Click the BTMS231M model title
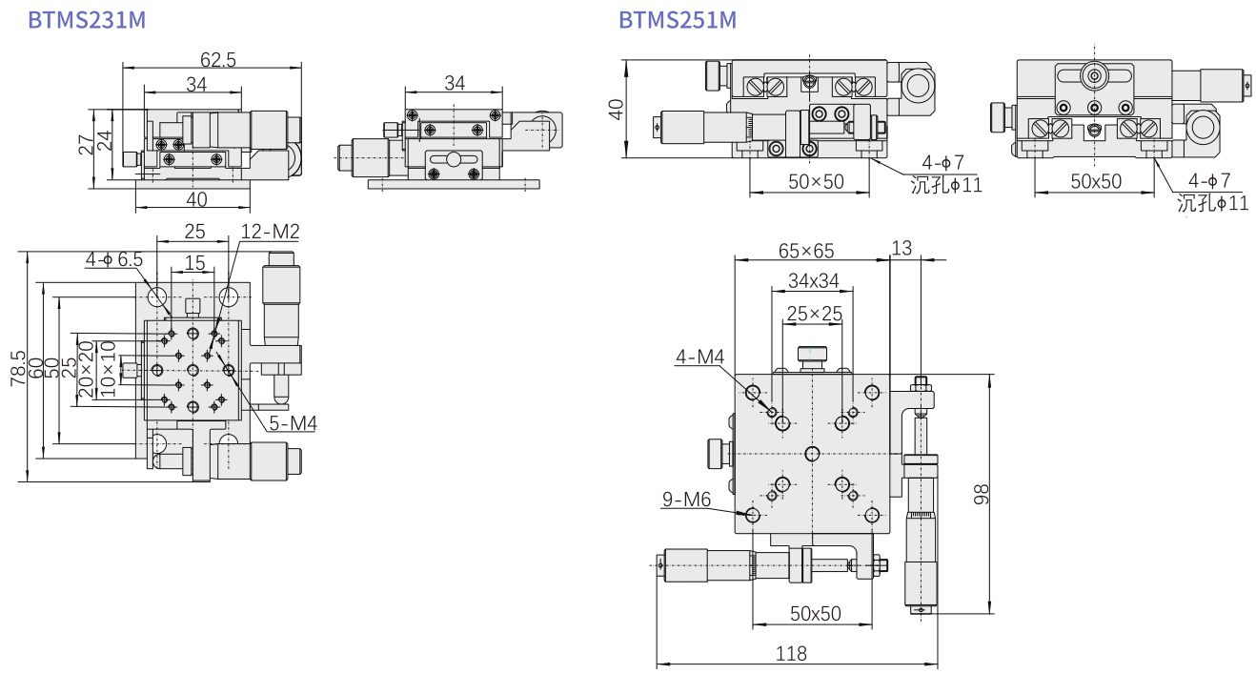[87, 20]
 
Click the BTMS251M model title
[678, 20]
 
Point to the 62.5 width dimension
[218, 60]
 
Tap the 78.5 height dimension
[17, 367]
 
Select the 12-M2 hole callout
[270, 232]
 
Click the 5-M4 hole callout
[292, 423]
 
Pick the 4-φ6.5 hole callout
[114, 259]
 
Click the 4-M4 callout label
[700, 357]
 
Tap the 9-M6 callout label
[686, 499]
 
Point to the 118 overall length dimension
[791, 654]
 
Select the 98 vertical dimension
[983, 493]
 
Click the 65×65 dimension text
[806, 251]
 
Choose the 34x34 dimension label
[813, 281]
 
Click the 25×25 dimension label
[813, 314]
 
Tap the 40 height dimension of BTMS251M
[617, 110]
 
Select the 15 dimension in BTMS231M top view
[194, 262]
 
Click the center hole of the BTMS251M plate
[812, 452]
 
